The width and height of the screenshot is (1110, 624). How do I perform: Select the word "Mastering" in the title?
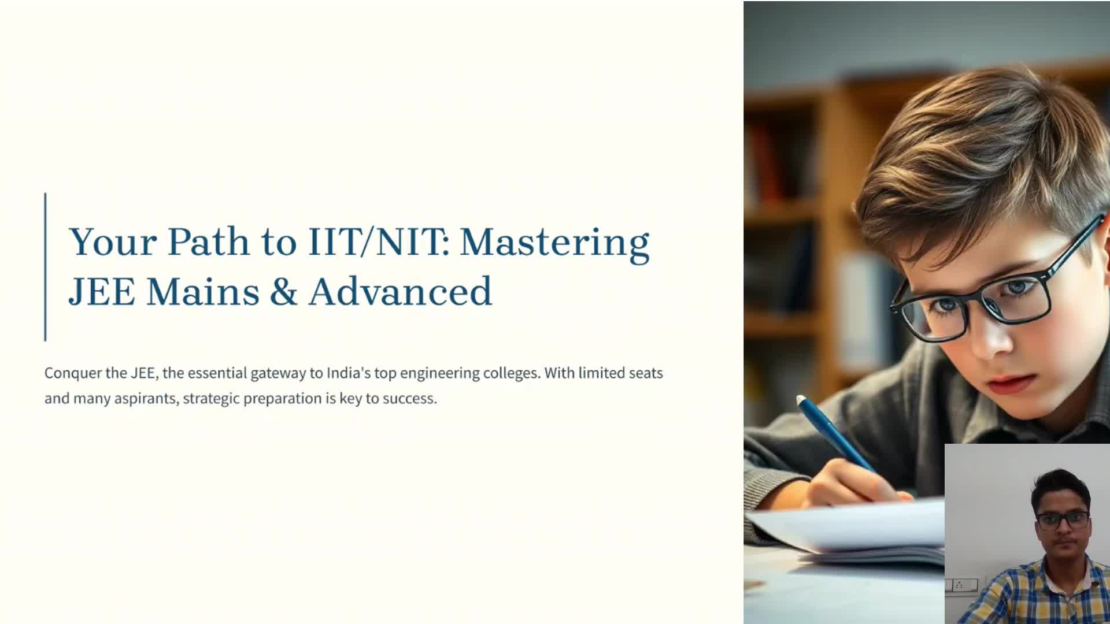[x=554, y=243]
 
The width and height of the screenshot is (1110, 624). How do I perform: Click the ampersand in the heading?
[x=283, y=291]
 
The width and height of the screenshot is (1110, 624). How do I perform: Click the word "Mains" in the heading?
[x=203, y=291]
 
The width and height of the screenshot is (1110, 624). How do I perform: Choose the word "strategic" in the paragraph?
[x=211, y=399]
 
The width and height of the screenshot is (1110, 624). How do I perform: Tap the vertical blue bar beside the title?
[x=45, y=267]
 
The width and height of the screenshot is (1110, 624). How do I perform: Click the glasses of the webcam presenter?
[x=1063, y=520]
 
